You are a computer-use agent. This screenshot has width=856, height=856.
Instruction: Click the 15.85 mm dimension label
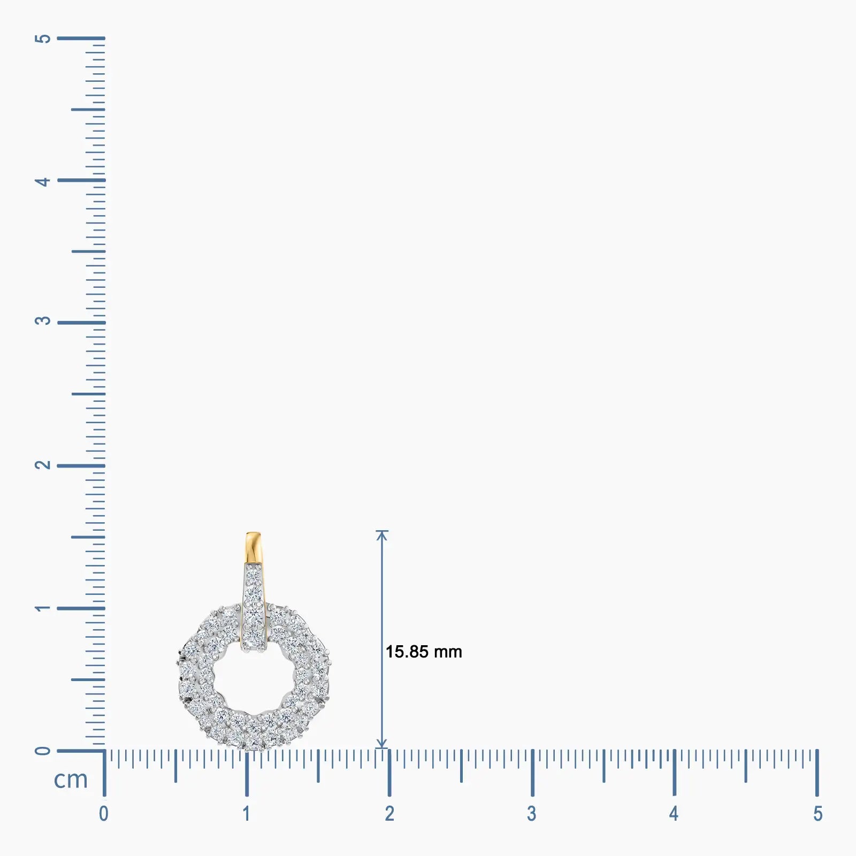click(x=424, y=652)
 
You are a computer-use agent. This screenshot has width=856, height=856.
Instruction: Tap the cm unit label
click(x=71, y=779)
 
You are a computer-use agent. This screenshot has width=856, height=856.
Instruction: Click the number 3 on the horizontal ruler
click(x=531, y=814)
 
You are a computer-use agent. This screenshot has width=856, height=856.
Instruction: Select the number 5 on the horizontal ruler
click(x=817, y=814)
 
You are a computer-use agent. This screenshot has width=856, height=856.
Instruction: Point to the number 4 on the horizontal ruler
click(x=674, y=814)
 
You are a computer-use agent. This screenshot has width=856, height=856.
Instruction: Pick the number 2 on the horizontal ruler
click(x=389, y=814)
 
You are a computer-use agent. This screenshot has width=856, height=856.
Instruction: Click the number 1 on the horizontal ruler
click(x=246, y=814)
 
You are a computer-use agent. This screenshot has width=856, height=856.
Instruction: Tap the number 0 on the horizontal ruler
click(x=104, y=814)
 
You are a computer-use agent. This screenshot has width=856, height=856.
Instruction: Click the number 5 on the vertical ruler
click(x=42, y=39)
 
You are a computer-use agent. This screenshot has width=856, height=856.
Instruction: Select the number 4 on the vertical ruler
click(x=42, y=181)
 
